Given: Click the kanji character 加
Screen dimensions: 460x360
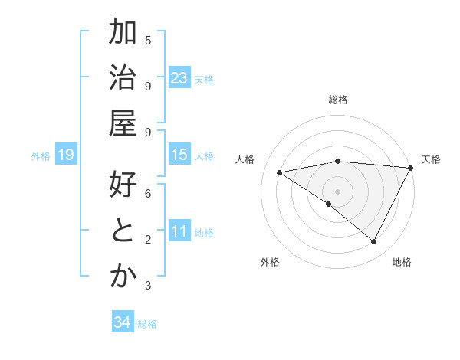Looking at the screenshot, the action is point(123,34).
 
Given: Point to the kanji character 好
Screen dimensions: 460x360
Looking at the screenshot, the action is point(123,186).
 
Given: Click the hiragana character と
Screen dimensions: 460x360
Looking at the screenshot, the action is point(123,231).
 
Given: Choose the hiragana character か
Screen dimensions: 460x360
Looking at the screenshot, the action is point(123,277).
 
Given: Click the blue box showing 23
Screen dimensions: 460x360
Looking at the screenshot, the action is point(179,78).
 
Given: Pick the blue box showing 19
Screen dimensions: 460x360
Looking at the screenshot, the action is point(66,155).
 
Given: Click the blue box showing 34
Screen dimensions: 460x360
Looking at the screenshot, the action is point(123,323).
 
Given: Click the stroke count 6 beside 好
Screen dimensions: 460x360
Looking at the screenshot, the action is point(148,194).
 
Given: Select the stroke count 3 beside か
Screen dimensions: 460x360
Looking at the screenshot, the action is point(148,286).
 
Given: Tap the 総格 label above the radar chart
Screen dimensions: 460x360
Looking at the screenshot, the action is point(338,100).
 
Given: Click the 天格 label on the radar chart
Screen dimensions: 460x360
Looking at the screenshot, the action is point(431,159).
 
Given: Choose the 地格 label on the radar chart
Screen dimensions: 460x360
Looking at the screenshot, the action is point(402,262).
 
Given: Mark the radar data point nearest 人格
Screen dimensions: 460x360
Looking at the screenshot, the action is point(280,172).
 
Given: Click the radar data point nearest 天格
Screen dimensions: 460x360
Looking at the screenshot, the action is point(411,168).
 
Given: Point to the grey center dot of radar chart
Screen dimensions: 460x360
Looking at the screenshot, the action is point(338,191).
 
